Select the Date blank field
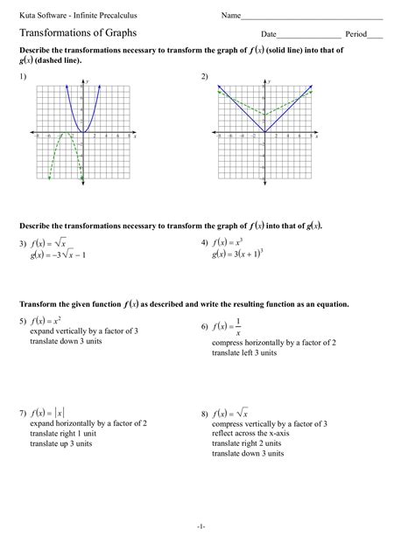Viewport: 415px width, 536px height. click(308, 34)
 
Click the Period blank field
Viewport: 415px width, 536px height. click(375, 34)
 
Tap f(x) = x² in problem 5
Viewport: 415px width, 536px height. click(46, 322)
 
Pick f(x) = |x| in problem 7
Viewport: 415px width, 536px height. click(48, 412)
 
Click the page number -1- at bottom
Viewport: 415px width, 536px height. click(200, 526)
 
